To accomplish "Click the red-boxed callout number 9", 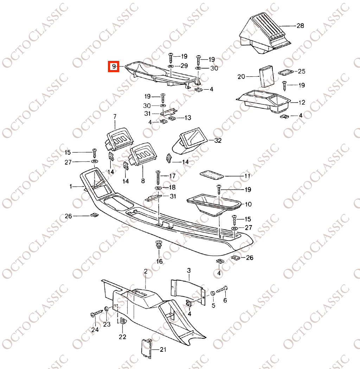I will tap(114, 66).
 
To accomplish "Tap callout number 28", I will tap(300, 26).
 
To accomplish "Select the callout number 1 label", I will tap(71, 186).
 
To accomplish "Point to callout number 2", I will tap(146, 272).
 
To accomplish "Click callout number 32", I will tap(218, 140).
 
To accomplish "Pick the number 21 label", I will tap(162, 350).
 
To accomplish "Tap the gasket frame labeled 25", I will tap(286, 72).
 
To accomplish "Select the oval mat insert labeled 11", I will tap(212, 174).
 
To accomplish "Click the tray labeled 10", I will tap(213, 204).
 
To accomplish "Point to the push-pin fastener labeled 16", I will tap(159, 245).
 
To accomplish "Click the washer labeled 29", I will tap(171, 66).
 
